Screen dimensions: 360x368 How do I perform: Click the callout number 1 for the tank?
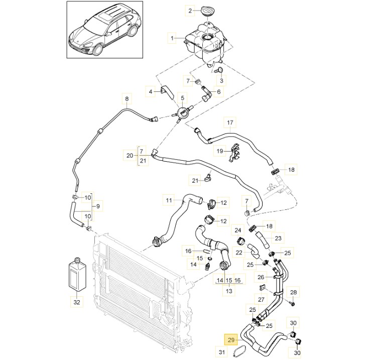click(x=173, y=38)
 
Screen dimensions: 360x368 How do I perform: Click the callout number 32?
click(x=76, y=302)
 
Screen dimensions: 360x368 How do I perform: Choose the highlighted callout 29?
click(x=232, y=340)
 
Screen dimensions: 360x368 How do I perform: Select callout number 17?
click(x=230, y=122)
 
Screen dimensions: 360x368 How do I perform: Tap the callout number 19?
click(x=219, y=151)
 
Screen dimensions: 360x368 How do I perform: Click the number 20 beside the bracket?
click(x=130, y=155)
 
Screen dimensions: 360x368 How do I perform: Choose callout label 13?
click(x=229, y=292)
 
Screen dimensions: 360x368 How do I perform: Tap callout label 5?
click(x=183, y=98)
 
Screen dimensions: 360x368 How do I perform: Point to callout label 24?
click(x=238, y=230)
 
